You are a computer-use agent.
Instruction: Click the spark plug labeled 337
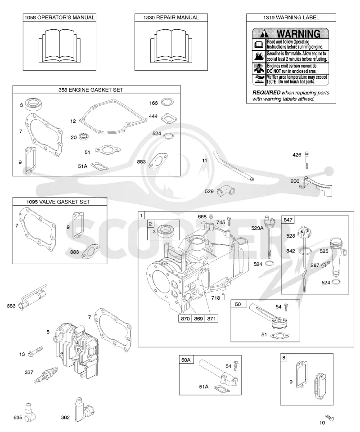[45, 375]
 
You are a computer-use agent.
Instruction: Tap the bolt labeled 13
[35, 352]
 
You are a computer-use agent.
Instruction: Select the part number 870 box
[185, 319]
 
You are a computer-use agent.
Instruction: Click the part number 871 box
[211, 319]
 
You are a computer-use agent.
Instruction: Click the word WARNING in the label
[298, 34]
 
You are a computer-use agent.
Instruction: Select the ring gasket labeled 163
[167, 102]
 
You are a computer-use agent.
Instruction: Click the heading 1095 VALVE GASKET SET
[58, 202]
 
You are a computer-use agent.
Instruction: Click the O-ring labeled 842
[306, 251]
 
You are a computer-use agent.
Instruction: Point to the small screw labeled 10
[329, 418]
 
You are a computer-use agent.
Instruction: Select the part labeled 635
[29, 413]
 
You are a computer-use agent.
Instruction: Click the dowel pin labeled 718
[223, 297]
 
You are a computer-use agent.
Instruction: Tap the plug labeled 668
[211, 216]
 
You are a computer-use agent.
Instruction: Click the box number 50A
[186, 360]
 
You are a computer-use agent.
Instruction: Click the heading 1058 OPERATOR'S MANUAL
[59, 18]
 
